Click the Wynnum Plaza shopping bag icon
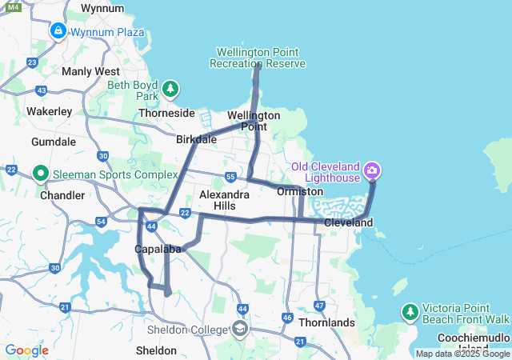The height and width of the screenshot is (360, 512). point(58,32)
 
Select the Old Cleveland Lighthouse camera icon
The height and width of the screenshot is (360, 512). point(372,170)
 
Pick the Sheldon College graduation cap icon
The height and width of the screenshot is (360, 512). point(239,328)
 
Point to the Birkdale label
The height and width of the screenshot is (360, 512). point(197,139)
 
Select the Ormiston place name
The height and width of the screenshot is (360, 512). point(300,192)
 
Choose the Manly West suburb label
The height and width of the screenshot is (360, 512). point(90,71)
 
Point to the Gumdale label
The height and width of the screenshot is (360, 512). point(54,142)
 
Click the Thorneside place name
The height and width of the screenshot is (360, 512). point(167,113)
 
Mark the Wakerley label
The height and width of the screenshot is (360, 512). point(50,111)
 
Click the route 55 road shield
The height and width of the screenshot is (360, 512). point(230,177)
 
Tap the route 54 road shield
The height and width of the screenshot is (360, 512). point(101,221)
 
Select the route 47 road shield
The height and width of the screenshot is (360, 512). point(319,305)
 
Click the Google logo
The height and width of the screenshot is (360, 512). point(26,350)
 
